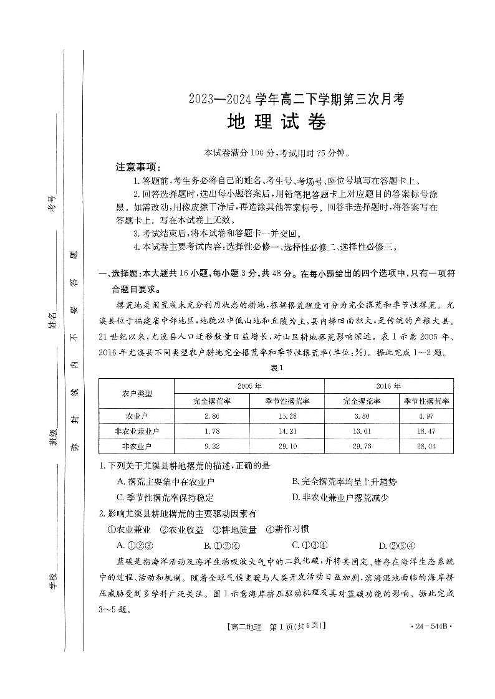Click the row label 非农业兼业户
137,430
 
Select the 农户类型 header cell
137,393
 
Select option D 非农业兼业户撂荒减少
340,497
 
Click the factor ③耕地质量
231,530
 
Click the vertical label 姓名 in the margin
54,322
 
